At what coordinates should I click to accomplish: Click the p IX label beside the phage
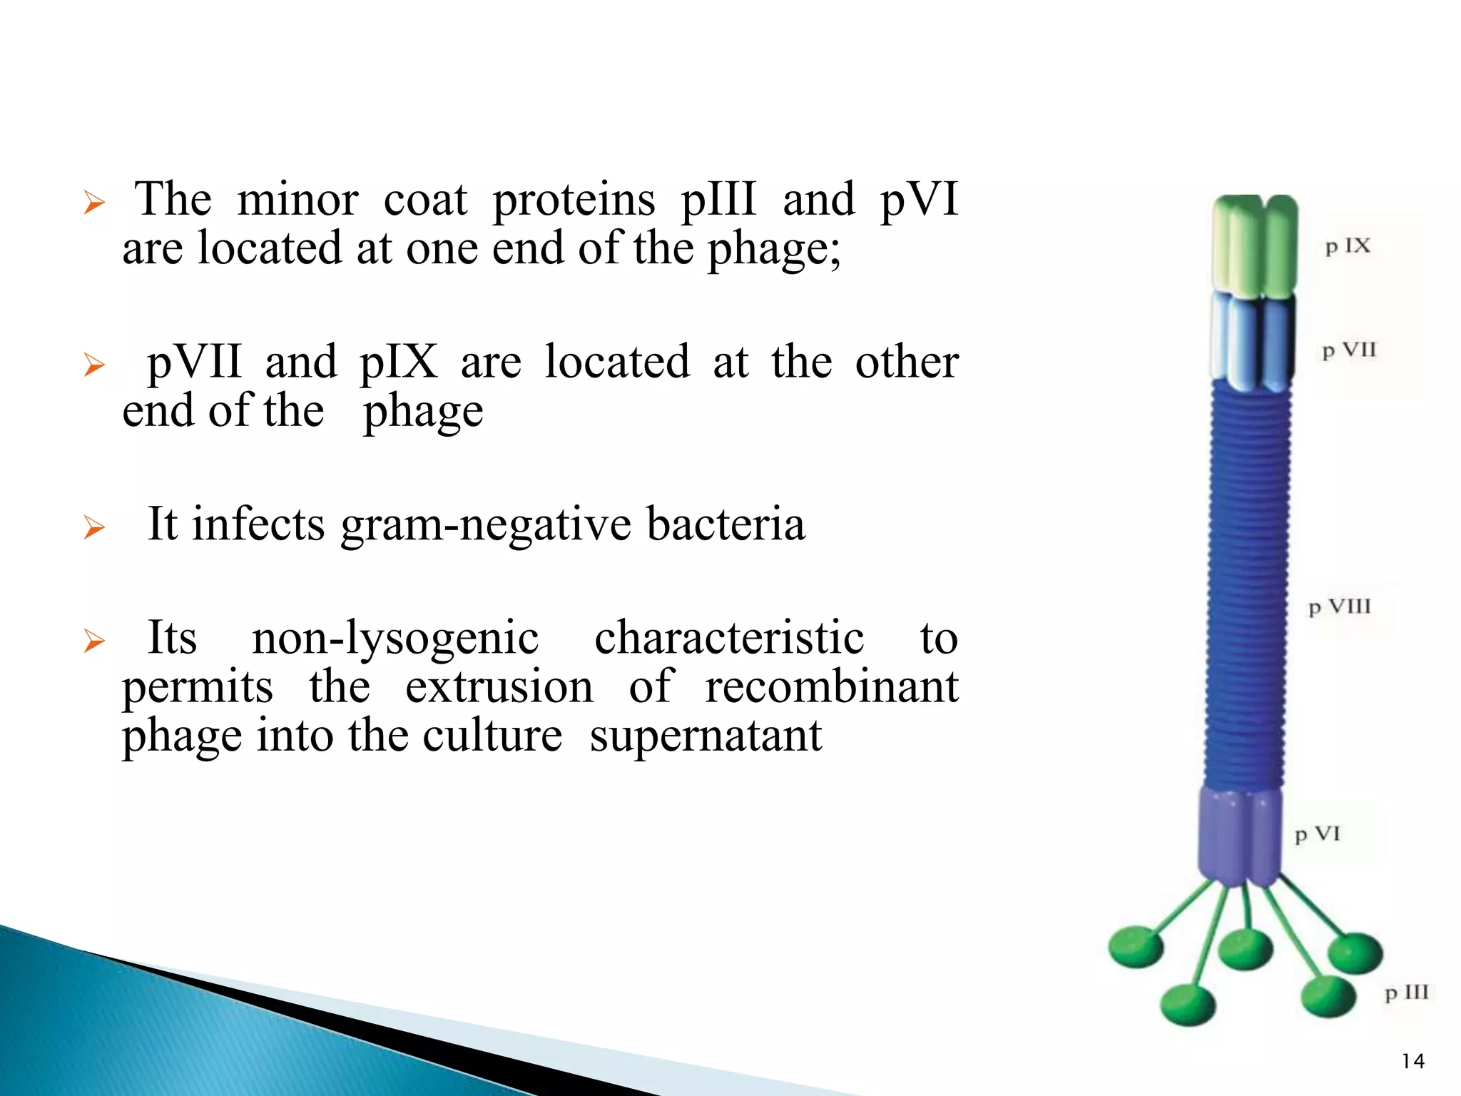pyautogui.click(x=1347, y=247)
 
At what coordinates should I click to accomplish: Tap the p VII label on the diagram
pyautogui.click(x=1348, y=351)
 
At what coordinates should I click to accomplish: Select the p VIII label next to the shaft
pyautogui.click(x=1339, y=607)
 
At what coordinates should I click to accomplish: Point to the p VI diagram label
pyautogui.click(x=1317, y=834)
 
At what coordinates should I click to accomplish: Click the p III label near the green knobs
pyautogui.click(x=1406, y=993)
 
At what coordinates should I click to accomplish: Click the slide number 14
pyautogui.click(x=1412, y=1061)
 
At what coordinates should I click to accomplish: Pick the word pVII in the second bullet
pyautogui.click(x=194, y=362)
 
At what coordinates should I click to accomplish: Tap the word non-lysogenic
pyautogui.click(x=395, y=637)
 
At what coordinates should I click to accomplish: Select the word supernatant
pyautogui.click(x=706, y=736)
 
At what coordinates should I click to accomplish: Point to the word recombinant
pyautogui.click(x=831, y=686)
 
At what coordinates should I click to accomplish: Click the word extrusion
pyautogui.click(x=499, y=686)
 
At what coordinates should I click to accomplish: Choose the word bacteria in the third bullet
pyautogui.click(x=726, y=524)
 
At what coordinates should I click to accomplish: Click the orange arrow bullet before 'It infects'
pyautogui.click(x=94, y=527)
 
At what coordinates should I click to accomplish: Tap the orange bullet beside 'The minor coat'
pyautogui.click(x=94, y=203)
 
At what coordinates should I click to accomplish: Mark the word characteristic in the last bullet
pyautogui.click(x=729, y=637)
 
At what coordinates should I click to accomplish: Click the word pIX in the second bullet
pyautogui.click(x=398, y=362)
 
